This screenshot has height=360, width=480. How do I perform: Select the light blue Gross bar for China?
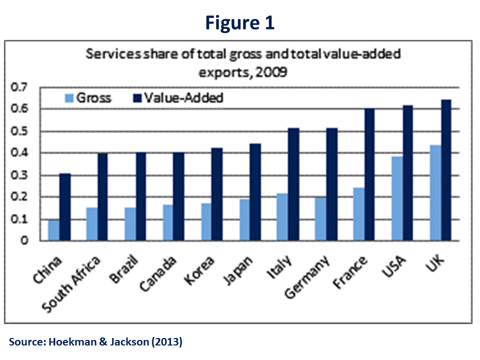tap(53, 230)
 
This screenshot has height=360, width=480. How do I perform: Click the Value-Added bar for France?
tap(369, 174)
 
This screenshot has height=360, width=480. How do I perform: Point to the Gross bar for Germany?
tap(319, 219)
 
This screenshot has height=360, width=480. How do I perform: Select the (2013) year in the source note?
tap(165, 342)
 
